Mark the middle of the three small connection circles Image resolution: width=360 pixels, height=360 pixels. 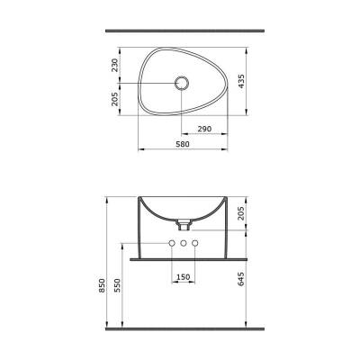click(x=183, y=245)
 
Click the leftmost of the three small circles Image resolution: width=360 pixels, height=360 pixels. click(x=171, y=245)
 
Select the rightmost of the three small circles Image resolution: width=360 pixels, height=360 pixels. click(x=194, y=245)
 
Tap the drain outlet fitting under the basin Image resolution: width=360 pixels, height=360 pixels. click(x=183, y=219)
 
